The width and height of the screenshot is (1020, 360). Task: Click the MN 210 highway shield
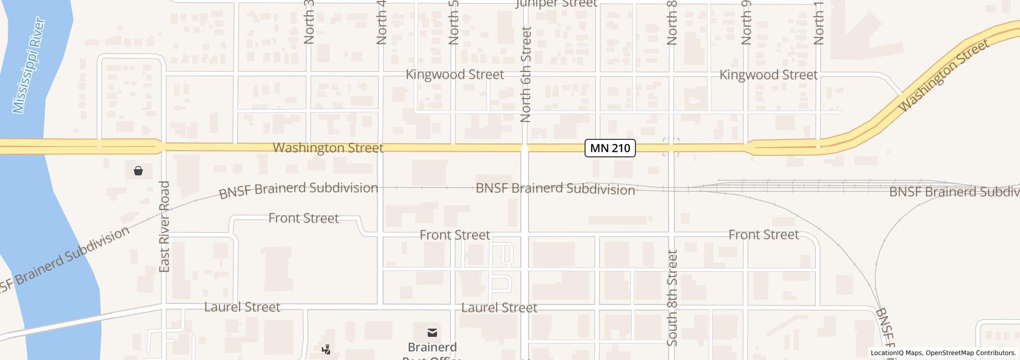610,149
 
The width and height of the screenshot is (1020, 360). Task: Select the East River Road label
165,226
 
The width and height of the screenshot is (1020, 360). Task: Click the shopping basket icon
138,171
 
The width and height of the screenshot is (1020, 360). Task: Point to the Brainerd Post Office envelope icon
432,333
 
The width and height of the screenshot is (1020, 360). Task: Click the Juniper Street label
556,4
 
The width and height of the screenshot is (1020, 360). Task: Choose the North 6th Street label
525,75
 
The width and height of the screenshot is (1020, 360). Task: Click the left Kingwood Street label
454,75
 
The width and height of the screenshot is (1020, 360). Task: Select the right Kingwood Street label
768,75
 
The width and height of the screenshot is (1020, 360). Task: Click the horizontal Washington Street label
327,148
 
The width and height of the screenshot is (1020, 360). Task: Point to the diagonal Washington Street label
943,76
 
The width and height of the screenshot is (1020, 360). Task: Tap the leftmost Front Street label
303,218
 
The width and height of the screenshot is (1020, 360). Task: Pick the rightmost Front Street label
763,235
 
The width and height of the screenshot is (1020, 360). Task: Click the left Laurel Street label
242,308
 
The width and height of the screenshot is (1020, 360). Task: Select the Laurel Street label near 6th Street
499,308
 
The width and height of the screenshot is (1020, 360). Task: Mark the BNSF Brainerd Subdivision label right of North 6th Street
555,189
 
